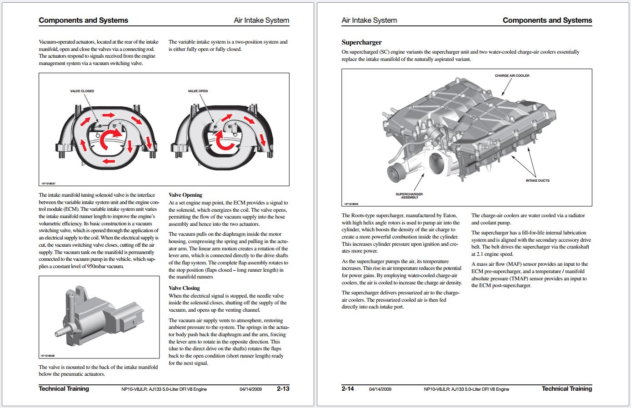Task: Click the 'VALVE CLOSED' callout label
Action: click(x=82, y=91)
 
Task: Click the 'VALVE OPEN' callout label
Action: click(x=198, y=91)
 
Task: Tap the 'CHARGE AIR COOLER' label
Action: click(x=512, y=75)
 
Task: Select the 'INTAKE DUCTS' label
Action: click(x=537, y=180)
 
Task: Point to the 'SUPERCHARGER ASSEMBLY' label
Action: click(x=409, y=196)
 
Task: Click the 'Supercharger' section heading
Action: click(x=361, y=42)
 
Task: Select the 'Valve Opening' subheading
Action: click(x=185, y=195)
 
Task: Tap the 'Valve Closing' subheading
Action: click(x=184, y=288)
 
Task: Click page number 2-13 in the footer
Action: click(x=283, y=388)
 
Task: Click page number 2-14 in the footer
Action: click(x=348, y=388)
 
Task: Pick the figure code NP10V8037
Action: click(x=48, y=184)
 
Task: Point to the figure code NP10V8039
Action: click(x=351, y=204)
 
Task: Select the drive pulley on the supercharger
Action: click(x=395, y=173)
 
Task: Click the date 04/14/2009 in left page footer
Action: click(x=250, y=389)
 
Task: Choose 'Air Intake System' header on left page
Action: click(x=261, y=20)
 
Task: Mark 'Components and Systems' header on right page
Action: click(x=547, y=20)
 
